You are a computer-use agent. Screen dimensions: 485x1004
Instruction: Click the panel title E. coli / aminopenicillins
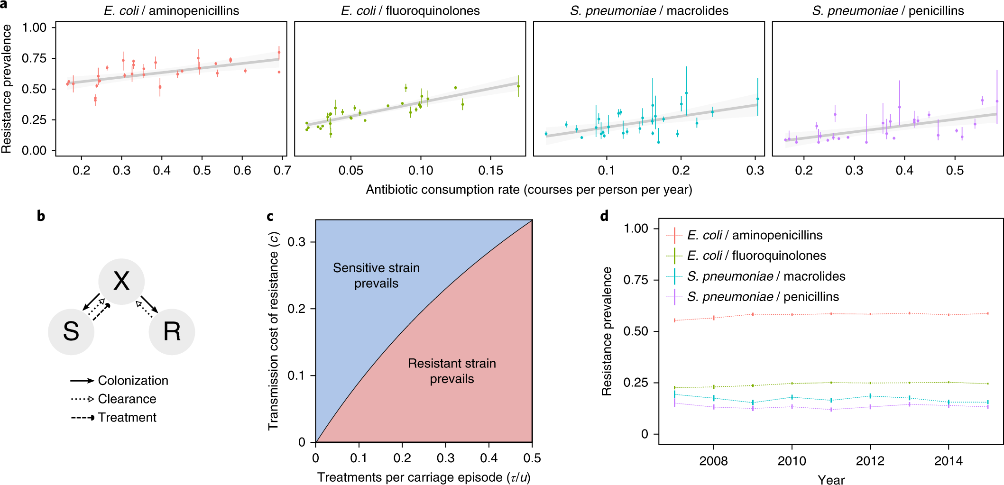[x=172, y=10]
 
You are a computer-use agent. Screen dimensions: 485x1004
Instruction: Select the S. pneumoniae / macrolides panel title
[x=649, y=10]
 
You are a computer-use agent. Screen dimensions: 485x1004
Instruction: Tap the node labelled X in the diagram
[x=121, y=281]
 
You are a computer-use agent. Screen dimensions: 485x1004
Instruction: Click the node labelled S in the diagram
[x=71, y=331]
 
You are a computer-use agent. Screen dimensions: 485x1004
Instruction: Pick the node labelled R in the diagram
[x=172, y=331]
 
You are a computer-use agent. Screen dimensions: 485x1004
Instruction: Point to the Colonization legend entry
[x=133, y=381]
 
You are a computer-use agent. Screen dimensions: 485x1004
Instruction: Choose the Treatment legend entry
[x=127, y=418]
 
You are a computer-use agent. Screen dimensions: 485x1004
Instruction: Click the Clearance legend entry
[x=127, y=399]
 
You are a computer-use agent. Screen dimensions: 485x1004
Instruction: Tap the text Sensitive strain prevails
[x=376, y=275]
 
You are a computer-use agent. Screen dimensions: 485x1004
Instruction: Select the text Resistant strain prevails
[x=451, y=371]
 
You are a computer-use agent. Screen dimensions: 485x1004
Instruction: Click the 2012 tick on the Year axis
[x=870, y=461]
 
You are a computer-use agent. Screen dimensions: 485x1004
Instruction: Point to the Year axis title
[x=831, y=480]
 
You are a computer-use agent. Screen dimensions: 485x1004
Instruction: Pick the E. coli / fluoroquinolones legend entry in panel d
[x=756, y=256]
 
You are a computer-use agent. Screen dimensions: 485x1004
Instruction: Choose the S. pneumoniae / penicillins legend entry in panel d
[x=763, y=297]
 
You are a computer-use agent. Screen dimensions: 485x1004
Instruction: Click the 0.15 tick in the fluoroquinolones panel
[x=490, y=171]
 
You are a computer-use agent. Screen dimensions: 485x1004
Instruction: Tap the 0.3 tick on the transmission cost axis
[x=296, y=242]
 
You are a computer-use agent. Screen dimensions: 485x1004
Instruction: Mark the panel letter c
[x=270, y=216]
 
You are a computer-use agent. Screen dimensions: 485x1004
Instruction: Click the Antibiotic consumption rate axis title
[x=529, y=190]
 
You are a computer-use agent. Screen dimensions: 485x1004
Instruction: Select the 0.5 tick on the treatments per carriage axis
[x=532, y=458]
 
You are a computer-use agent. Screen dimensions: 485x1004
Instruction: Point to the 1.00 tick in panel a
[x=34, y=27]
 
